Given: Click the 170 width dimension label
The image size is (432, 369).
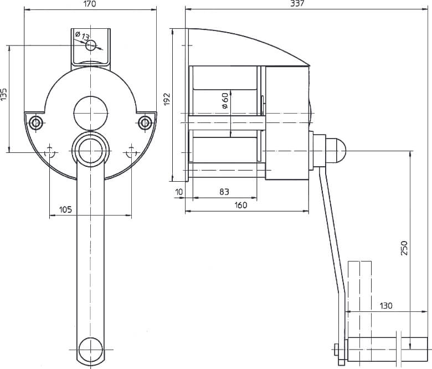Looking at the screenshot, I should [90, 4].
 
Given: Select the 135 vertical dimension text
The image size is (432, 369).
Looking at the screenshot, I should [4, 94].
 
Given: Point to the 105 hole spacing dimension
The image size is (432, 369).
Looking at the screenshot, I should [65, 209].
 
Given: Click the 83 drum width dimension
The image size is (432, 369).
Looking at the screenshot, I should [224, 192].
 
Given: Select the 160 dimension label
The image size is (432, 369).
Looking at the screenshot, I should [241, 205].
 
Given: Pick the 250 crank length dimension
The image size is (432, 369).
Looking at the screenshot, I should [404, 248].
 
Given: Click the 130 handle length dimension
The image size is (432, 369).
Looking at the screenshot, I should [387, 305].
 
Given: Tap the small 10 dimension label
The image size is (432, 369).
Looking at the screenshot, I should [178, 192].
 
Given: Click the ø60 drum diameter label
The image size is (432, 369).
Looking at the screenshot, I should [224, 100].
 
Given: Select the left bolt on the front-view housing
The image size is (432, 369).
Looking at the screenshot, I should [36, 122].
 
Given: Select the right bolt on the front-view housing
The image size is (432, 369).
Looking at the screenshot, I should [145, 122].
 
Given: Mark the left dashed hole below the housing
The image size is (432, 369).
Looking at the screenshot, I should [50, 151].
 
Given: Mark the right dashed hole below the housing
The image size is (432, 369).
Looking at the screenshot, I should [131, 151].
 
